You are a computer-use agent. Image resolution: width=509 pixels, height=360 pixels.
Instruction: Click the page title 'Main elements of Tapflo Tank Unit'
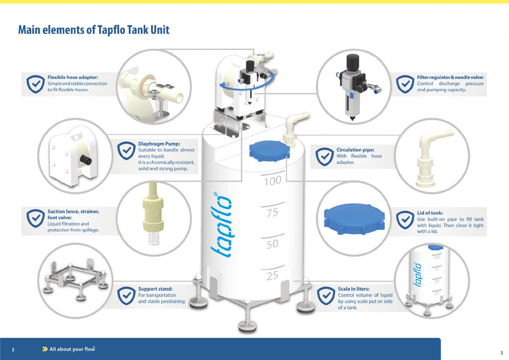94,30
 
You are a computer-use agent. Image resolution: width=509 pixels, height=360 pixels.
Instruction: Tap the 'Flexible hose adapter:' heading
73,77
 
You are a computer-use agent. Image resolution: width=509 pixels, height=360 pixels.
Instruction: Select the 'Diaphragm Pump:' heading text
159,144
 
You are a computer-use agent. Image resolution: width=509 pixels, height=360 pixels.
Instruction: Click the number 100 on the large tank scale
273,181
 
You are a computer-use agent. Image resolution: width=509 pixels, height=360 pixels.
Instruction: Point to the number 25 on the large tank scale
272,276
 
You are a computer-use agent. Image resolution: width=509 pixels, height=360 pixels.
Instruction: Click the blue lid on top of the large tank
269,151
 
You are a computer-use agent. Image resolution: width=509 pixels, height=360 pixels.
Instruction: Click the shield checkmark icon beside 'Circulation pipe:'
324,156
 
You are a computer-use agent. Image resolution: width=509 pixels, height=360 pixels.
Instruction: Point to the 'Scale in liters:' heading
354,289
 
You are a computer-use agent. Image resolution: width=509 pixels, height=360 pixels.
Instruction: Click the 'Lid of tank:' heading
430,213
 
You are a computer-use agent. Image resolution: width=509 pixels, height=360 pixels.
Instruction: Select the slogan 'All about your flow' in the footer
72,349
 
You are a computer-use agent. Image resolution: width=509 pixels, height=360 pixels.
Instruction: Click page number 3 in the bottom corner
501,353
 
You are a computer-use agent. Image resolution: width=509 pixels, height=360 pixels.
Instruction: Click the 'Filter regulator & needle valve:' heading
450,77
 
